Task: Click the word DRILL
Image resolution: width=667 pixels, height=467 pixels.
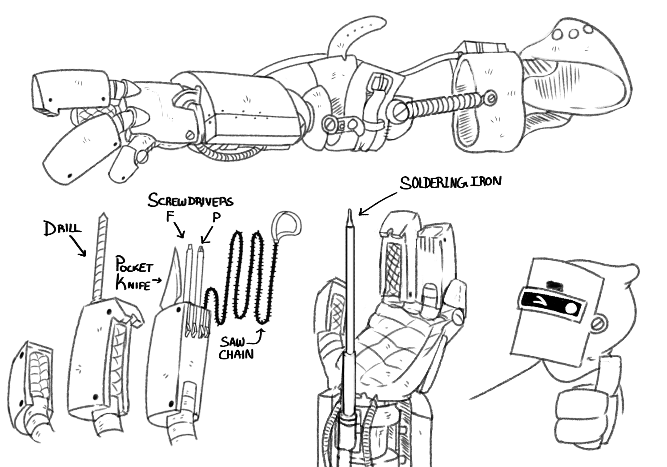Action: (x=63, y=229)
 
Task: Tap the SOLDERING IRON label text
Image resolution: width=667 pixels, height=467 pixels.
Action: (x=450, y=182)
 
